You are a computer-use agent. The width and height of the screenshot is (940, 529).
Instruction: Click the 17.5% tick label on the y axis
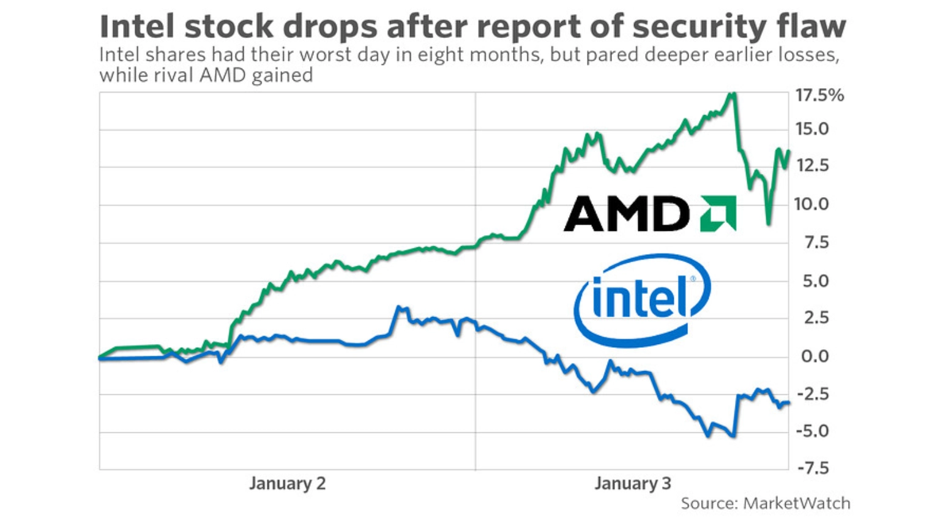click(x=819, y=96)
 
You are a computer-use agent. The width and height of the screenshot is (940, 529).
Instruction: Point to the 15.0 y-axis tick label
click(x=811, y=129)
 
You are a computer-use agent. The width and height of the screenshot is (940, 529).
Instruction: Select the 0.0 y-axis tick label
click(x=815, y=356)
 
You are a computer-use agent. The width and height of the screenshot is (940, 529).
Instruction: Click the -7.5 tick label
click(x=812, y=468)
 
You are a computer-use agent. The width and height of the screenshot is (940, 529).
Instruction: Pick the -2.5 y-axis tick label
click(x=812, y=394)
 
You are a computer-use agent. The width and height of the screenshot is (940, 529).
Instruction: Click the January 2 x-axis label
click(x=287, y=484)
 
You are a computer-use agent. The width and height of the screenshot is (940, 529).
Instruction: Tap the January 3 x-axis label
click(x=632, y=484)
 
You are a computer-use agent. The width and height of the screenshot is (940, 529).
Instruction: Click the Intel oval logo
click(x=641, y=300)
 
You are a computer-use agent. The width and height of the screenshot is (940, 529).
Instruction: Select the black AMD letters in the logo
click(x=625, y=214)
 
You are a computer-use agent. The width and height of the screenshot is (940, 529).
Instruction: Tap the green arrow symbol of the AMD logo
click(x=718, y=214)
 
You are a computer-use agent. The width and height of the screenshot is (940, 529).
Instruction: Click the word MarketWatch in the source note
click(x=796, y=503)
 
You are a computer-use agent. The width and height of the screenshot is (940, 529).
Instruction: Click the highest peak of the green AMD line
click(x=733, y=94)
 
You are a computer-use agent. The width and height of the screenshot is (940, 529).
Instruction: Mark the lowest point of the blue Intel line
click(x=734, y=437)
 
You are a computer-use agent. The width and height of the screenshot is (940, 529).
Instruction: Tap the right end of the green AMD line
click(x=789, y=151)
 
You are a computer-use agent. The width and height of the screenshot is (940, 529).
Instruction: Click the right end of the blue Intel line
click(x=789, y=402)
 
